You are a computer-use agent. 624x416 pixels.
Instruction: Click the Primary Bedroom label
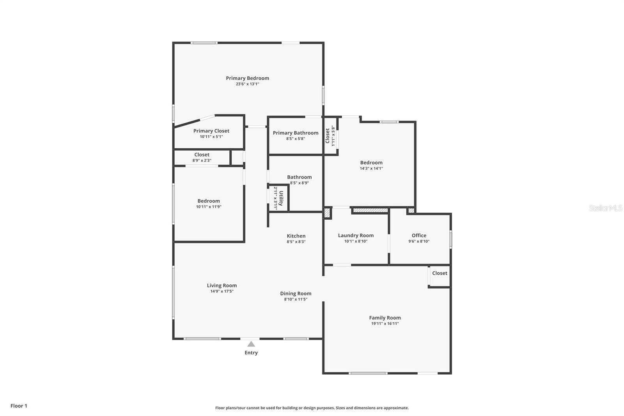click(247, 78)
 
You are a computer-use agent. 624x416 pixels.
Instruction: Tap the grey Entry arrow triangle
click(251, 344)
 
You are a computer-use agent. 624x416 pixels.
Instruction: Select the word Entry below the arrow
click(251, 353)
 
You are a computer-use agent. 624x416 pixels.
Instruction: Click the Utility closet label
click(281, 198)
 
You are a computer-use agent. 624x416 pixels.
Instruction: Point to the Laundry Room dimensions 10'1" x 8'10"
click(356, 241)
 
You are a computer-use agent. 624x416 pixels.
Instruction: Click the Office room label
click(419, 235)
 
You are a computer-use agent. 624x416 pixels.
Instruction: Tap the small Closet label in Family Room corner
click(440, 273)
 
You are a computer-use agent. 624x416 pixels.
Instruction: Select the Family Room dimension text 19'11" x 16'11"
click(385, 324)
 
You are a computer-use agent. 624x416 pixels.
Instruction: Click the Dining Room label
click(296, 293)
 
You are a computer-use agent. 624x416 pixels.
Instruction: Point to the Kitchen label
click(296, 236)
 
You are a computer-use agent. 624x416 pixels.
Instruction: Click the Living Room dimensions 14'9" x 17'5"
click(222, 291)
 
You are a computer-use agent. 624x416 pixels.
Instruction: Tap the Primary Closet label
click(211, 131)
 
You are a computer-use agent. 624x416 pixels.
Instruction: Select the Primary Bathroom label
click(295, 133)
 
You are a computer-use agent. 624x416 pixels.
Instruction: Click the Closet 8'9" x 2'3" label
click(202, 155)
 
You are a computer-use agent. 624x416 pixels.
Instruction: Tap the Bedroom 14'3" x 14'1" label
click(371, 162)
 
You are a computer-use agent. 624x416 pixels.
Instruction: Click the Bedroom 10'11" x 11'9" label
click(209, 201)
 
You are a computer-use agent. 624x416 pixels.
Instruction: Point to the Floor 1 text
click(19, 406)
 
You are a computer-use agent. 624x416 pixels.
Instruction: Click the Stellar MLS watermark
click(605, 208)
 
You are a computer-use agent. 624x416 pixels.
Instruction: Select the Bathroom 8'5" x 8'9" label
click(299, 177)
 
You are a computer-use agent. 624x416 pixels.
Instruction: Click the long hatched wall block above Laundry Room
click(370, 210)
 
